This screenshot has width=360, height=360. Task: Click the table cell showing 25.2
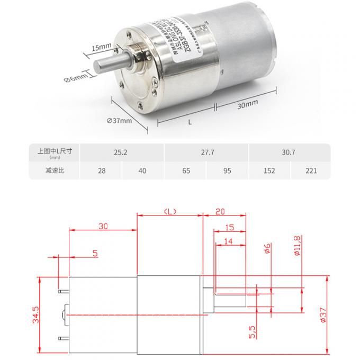coord(121,152)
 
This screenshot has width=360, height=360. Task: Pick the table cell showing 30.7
coord(289,152)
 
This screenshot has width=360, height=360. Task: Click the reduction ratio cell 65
coord(185,171)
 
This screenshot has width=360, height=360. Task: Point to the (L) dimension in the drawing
coord(169,211)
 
